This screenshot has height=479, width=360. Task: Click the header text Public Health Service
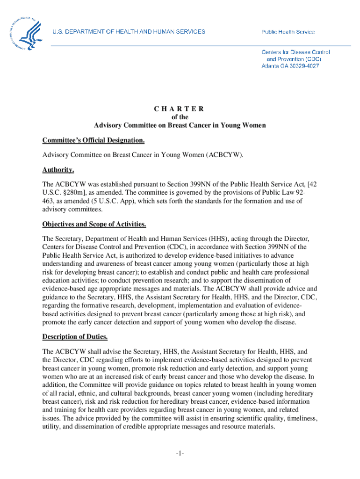tap(288, 32)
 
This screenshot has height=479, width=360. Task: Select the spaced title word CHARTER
tap(180, 109)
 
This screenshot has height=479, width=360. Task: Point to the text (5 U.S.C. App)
tap(100, 201)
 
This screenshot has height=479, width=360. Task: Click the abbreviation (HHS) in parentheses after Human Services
tap(213, 238)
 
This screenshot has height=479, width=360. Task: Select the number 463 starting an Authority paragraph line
tap(48, 201)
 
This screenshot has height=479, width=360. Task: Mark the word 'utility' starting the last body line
tap(50, 427)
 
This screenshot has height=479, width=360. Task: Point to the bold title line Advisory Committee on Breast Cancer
tap(180, 125)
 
